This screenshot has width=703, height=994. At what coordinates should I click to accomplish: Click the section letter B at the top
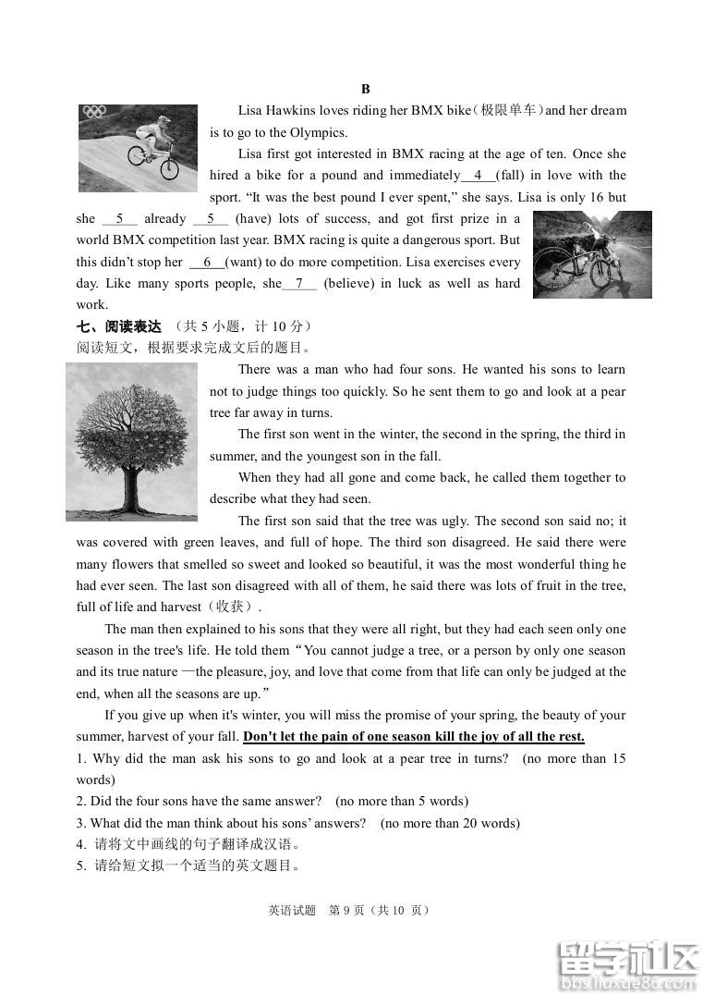[365, 89]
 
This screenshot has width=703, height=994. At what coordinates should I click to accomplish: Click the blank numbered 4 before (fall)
[478, 176]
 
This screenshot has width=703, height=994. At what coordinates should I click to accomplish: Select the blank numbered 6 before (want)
[207, 263]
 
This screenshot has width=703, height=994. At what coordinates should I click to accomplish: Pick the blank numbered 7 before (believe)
[299, 284]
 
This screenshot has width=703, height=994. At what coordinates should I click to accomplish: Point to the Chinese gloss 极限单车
[508, 111]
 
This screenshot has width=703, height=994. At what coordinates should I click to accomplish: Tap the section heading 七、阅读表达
[118, 326]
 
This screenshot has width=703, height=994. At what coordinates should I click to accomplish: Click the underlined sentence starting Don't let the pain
[413, 737]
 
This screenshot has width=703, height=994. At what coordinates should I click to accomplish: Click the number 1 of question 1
[80, 759]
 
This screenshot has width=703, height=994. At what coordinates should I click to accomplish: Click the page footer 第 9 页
[348, 910]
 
